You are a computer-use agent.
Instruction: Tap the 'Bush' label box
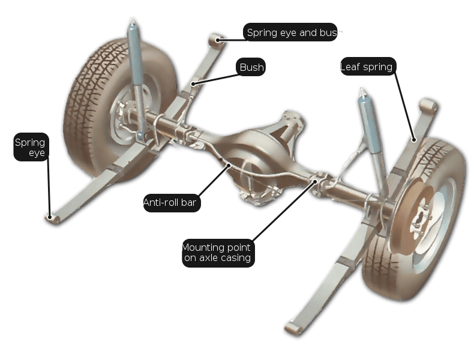[251, 67]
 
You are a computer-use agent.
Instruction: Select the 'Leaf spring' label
[368, 66]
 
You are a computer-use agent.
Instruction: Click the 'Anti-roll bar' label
[171, 202]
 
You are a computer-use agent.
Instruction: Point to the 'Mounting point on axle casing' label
[218, 253]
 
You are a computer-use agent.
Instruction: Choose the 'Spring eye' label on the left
[31, 147]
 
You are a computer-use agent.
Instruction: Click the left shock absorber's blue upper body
[134, 55]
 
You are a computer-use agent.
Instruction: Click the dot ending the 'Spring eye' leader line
[50, 217]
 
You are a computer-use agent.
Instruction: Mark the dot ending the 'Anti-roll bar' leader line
[229, 165]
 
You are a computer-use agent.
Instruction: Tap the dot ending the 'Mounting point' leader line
[315, 181]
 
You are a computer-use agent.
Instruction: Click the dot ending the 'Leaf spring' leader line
[414, 140]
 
